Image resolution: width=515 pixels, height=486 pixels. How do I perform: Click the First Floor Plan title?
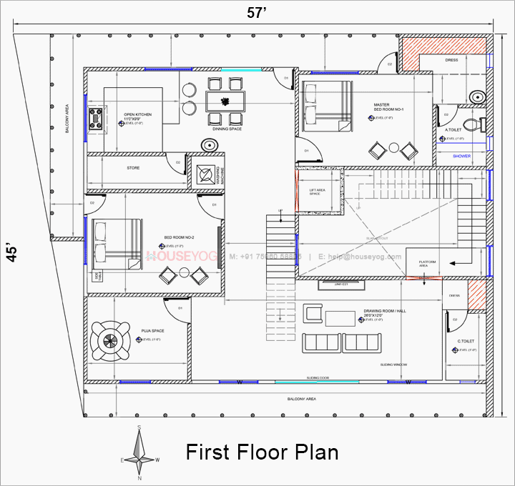262,452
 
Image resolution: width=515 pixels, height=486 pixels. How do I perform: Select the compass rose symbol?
141,453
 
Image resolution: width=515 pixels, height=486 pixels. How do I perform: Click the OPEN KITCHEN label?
137,115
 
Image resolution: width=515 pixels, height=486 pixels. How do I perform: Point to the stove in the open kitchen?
96,118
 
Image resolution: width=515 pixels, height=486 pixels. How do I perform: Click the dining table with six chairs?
225,100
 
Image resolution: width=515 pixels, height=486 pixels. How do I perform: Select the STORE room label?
133,168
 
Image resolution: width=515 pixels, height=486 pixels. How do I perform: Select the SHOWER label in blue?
461,154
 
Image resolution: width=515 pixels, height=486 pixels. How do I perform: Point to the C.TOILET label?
466,342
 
